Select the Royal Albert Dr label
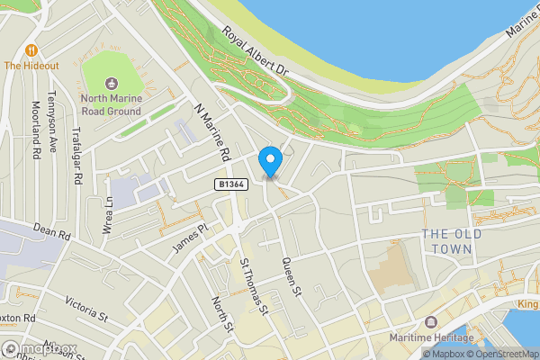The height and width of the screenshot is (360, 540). [255, 50]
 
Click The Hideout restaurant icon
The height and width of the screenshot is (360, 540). [33, 49]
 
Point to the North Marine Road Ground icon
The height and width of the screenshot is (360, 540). [111, 82]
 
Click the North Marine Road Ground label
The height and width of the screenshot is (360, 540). [111, 104]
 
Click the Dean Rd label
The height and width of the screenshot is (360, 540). [50, 233]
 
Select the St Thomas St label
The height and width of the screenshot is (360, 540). [255, 287]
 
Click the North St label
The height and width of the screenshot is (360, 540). [221, 313]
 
